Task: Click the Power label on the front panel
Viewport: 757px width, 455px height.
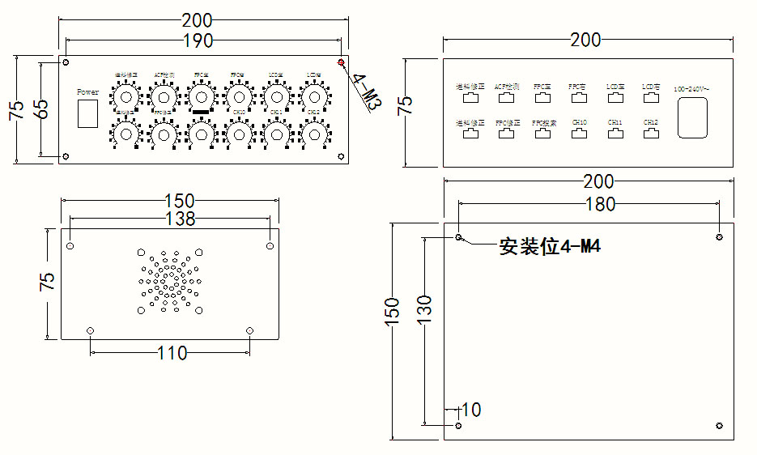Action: click(87, 92)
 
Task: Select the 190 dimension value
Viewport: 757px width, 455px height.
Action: click(198, 40)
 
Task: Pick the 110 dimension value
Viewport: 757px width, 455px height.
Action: click(172, 353)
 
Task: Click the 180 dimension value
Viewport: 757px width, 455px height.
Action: click(599, 205)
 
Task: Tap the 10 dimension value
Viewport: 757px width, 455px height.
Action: click(470, 410)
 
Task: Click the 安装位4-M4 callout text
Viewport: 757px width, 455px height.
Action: click(551, 247)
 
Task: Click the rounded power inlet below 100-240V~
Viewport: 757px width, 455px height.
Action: click(692, 117)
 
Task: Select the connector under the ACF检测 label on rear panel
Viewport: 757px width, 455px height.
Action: click(507, 98)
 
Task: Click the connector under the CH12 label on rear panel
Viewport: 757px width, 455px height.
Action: click(651, 134)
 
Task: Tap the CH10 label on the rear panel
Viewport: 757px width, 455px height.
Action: click(579, 123)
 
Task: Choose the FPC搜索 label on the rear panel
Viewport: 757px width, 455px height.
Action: click(544, 123)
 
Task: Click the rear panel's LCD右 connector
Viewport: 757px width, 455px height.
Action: click(651, 98)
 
